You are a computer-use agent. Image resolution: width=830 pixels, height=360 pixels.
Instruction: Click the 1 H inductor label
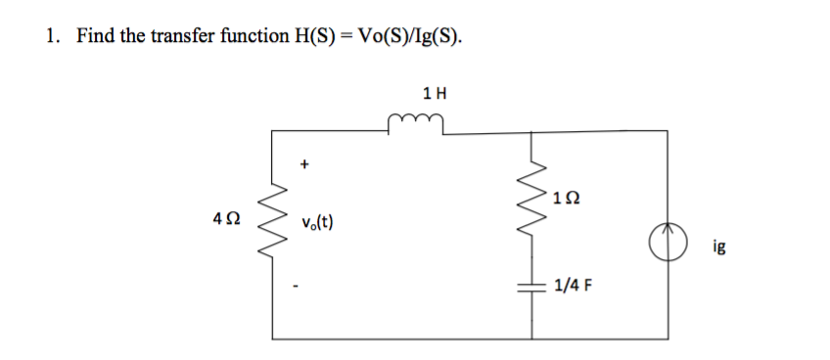coord(435,94)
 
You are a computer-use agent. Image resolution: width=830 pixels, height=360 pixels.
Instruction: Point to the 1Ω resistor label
coord(565,199)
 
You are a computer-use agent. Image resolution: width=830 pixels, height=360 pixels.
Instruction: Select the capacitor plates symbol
coord(533,286)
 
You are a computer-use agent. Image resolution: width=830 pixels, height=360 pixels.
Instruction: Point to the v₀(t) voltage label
coord(316,222)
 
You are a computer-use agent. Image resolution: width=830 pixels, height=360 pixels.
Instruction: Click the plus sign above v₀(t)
coord(304,166)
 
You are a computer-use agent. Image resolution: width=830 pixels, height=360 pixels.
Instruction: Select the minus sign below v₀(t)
coord(304,287)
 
